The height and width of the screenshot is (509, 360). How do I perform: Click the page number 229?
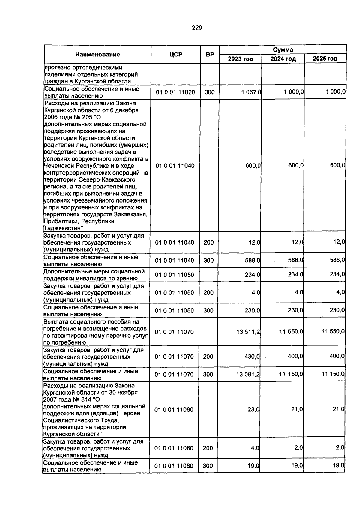(197, 28)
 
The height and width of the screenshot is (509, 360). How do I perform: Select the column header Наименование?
(97, 54)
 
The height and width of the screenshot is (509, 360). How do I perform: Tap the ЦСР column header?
(176, 54)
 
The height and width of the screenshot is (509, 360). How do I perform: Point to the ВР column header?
(210, 54)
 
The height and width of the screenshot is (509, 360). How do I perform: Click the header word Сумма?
(283, 50)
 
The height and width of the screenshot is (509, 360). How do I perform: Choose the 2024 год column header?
(283, 59)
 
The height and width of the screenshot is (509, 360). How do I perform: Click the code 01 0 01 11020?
(175, 92)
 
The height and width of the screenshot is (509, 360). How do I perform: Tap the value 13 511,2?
(248, 332)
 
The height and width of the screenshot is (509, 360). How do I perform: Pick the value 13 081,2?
(248, 374)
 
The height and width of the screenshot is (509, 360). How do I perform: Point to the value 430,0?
(252, 357)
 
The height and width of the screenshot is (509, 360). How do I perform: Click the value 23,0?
(253, 409)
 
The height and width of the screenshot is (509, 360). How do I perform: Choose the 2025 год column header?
(325, 59)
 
